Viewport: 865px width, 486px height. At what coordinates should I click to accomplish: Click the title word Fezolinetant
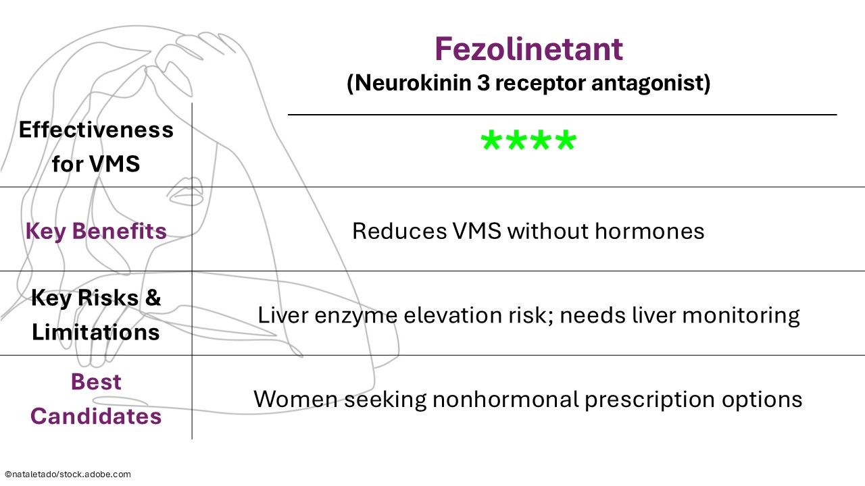click(x=528, y=49)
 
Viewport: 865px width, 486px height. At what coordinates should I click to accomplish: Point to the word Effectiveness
click(x=96, y=130)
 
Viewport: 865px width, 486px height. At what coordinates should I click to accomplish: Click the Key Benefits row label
click(x=96, y=232)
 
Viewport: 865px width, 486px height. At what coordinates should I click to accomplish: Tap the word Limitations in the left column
click(x=96, y=332)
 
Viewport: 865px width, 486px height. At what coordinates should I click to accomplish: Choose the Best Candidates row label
click(x=96, y=399)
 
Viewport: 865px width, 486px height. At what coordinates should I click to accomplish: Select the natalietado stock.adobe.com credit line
click(x=68, y=475)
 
